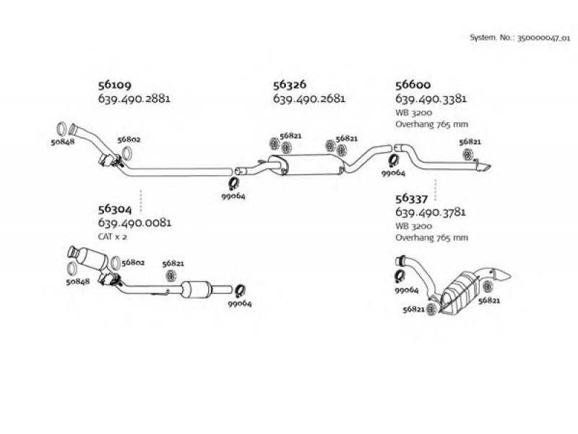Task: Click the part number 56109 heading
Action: pyautogui.click(x=114, y=85)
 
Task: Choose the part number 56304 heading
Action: pyautogui.click(x=114, y=210)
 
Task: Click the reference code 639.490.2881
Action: pyautogui.click(x=133, y=98)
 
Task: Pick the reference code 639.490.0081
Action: pyautogui.click(x=133, y=223)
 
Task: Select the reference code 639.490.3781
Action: pyautogui.click(x=430, y=212)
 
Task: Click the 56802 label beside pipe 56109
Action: pyautogui.click(x=129, y=139)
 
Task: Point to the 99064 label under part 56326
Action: pyautogui.click(x=233, y=196)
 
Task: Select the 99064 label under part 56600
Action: pyautogui.click(x=393, y=174)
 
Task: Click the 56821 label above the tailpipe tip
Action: pyautogui.click(x=470, y=142)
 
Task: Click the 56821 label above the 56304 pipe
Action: pyautogui.click(x=173, y=265)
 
